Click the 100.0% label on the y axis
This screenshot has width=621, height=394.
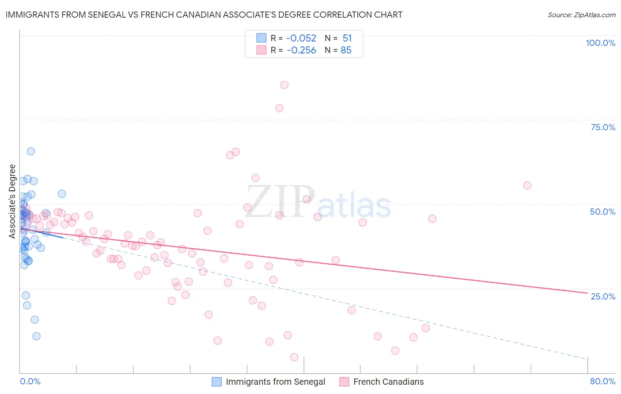click(x=600, y=43)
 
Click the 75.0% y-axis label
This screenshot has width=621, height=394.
click(x=603, y=127)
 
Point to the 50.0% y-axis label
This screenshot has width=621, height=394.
click(x=602, y=212)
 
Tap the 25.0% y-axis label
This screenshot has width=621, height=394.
click(x=603, y=296)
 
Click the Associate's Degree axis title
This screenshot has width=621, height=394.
click(x=12, y=201)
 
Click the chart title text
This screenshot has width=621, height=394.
click(x=204, y=15)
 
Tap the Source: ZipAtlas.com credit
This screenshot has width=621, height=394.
click(x=581, y=15)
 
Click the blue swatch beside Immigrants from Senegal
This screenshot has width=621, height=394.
click(x=216, y=382)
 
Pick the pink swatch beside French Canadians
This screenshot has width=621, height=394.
click(x=344, y=382)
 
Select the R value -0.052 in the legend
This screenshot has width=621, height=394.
click(x=301, y=38)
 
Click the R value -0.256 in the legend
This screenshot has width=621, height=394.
click(x=301, y=50)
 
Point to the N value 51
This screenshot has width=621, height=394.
click(x=347, y=38)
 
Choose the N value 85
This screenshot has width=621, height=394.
click(x=346, y=50)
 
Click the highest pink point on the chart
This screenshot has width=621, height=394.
click(x=284, y=85)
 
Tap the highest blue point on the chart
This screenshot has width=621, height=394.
click(x=31, y=152)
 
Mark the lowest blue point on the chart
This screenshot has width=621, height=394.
click(x=36, y=336)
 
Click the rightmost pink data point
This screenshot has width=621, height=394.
click(x=527, y=186)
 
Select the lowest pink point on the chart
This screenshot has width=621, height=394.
click(x=294, y=357)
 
